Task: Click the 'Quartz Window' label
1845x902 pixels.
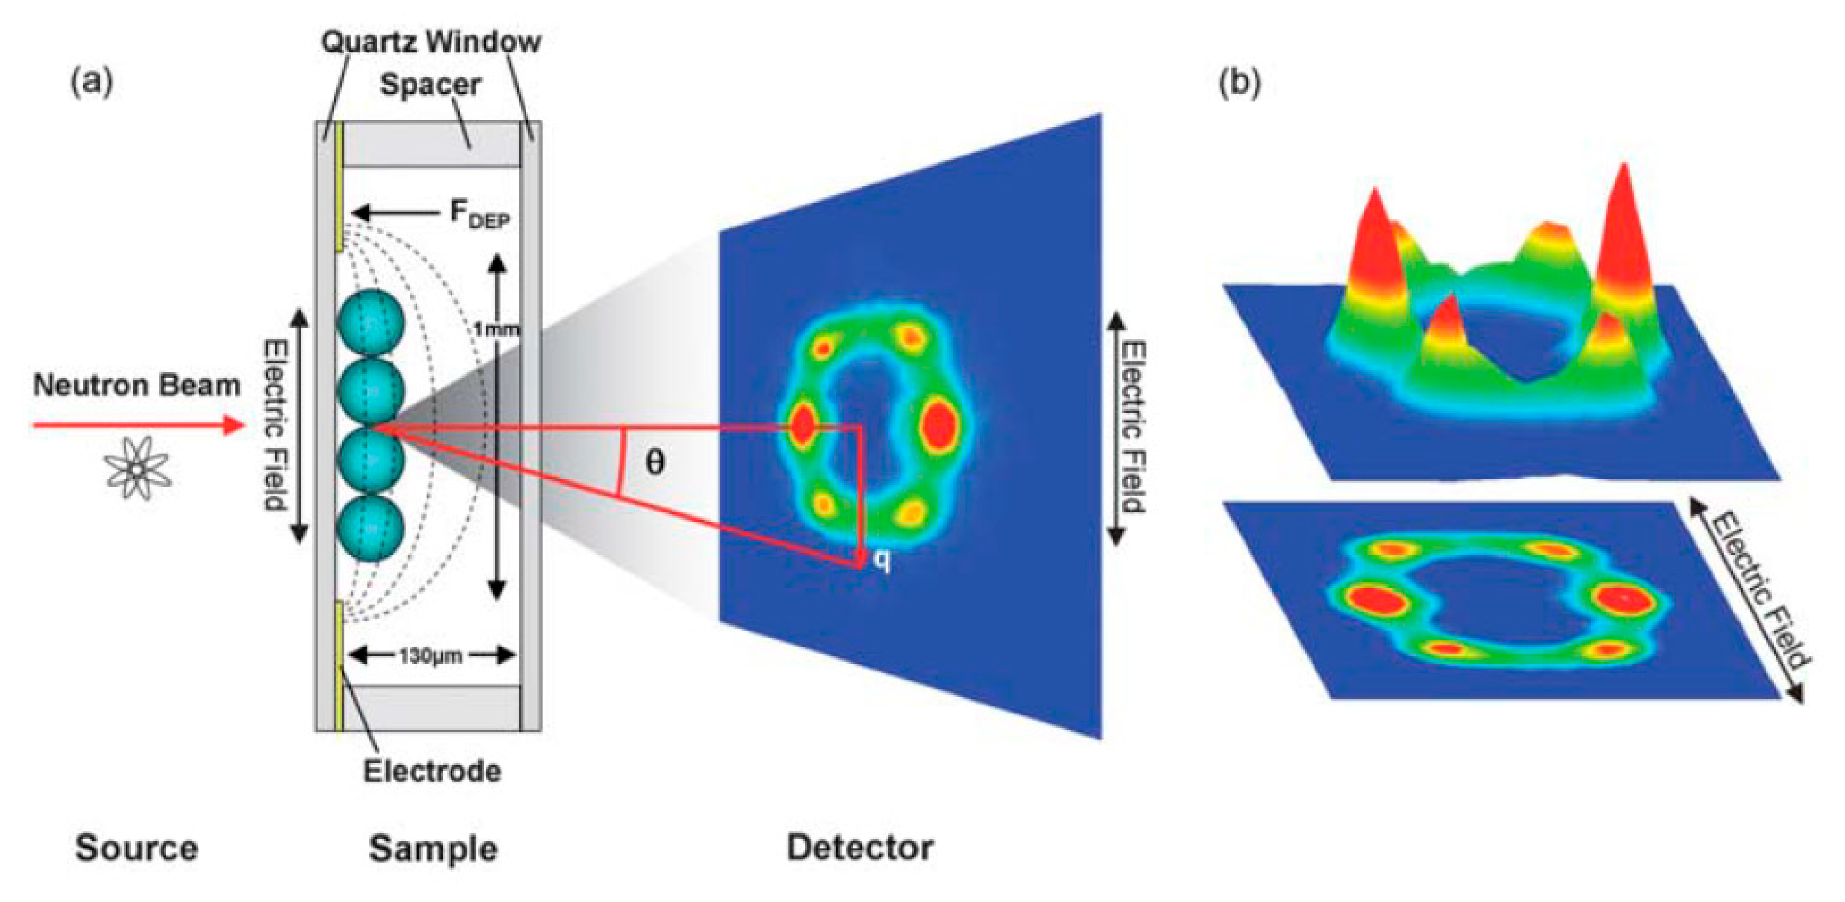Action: coord(431,42)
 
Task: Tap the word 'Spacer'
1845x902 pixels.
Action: coord(430,85)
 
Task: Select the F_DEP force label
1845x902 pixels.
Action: coord(479,213)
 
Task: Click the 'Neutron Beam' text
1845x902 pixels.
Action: coord(137,386)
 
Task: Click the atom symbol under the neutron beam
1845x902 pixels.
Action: coord(137,469)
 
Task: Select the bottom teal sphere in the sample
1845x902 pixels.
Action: coord(371,528)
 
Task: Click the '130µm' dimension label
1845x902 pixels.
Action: coord(431,655)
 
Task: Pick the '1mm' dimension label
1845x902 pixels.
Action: coord(496,330)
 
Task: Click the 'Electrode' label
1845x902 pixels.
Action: coord(432,771)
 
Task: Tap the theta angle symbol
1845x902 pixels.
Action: coord(655,463)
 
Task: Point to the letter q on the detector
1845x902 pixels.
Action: coord(883,560)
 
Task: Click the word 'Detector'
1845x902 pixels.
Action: coord(859,848)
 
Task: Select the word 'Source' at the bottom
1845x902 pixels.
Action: coord(137,848)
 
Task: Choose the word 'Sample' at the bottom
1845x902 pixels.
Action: coord(433,849)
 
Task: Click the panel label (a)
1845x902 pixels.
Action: coord(91,83)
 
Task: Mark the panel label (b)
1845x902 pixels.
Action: coord(1239,83)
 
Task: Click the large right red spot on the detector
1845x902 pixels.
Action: coord(939,426)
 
